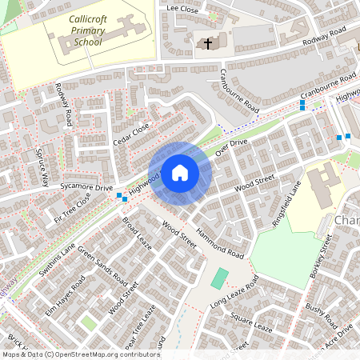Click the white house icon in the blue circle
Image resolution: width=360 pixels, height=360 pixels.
(180, 172)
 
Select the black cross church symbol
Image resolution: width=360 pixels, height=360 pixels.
(208, 43)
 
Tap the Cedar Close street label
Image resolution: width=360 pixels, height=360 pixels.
(131, 134)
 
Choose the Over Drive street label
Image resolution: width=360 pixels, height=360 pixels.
(232, 146)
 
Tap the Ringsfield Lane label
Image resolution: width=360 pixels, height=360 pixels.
(286, 203)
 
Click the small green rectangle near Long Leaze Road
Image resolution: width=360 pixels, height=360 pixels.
(219, 279)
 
